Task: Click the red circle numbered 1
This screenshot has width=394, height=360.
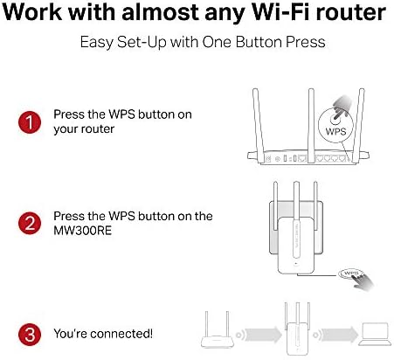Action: (x=30, y=122)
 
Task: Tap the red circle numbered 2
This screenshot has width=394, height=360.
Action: (x=30, y=224)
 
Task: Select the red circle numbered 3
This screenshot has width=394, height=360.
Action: (x=30, y=334)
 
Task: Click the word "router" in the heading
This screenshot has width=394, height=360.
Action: (x=350, y=12)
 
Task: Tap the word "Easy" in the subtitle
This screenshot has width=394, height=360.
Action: (x=96, y=43)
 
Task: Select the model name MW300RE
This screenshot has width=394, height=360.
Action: (x=82, y=231)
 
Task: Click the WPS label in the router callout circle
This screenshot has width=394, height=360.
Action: (x=335, y=131)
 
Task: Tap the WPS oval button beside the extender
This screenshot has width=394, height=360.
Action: (x=350, y=273)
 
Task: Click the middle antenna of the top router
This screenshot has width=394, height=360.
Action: (x=311, y=125)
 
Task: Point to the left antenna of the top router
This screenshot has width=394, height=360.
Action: (x=259, y=125)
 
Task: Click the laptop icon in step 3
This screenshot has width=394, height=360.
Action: (x=376, y=334)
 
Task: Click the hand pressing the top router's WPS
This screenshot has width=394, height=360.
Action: (x=342, y=107)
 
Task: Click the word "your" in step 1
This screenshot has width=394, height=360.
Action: (x=65, y=129)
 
